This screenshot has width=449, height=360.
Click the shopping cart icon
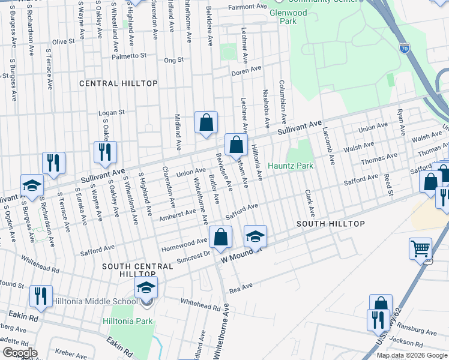[420, 247]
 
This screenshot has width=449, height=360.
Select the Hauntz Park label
[291, 166]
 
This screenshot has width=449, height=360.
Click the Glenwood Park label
[288, 17]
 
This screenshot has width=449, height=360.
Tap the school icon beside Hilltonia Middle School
[146, 288]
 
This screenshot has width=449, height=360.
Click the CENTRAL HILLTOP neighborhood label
[118, 83]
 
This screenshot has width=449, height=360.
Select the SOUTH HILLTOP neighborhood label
[331, 223]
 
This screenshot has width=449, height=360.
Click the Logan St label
[112, 112]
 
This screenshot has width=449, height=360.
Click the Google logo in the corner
[20, 353]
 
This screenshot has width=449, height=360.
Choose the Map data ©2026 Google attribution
[411, 355]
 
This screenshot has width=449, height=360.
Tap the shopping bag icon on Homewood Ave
[220, 237]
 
